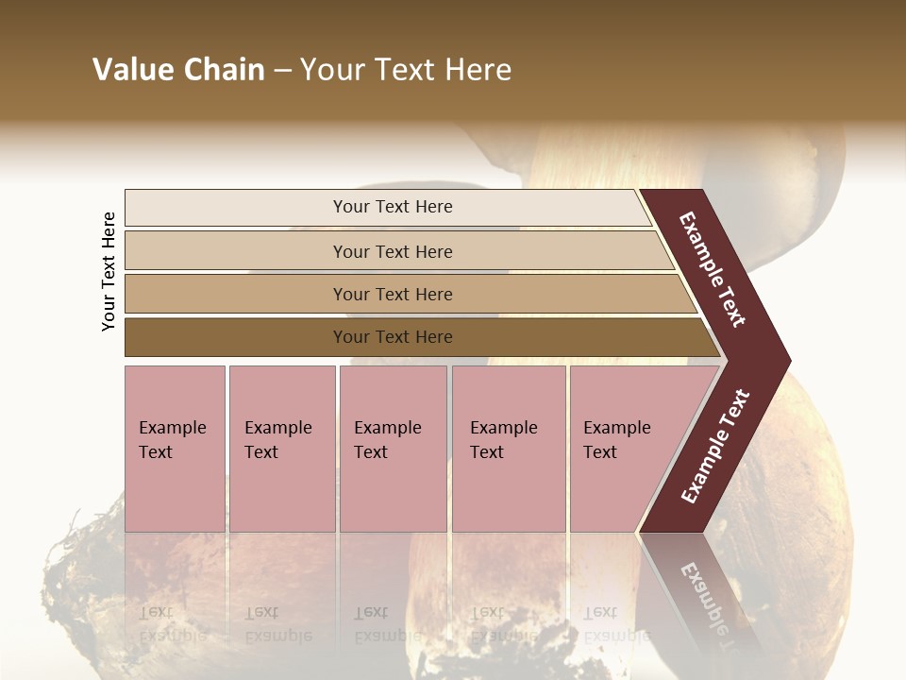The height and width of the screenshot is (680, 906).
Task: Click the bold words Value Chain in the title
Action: pyautogui.click(x=178, y=70)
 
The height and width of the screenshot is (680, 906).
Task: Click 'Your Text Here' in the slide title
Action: pyautogui.click(x=406, y=70)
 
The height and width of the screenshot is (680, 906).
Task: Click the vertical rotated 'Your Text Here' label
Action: pyautogui.click(x=109, y=271)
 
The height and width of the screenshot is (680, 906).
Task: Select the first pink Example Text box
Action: pyautogui.click(x=175, y=449)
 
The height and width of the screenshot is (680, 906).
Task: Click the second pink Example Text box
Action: pyautogui.click(x=281, y=449)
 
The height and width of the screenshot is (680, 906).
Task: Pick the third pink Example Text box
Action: pyautogui.click(x=393, y=449)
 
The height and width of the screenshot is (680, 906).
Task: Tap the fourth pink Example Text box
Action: pyautogui.click(x=509, y=449)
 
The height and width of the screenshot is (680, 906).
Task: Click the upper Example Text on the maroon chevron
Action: pyautogui.click(x=713, y=269)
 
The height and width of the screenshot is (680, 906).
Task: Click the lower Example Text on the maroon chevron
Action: pyautogui.click(x=715, y=446)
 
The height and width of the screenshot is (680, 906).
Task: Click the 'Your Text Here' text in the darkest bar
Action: pyautogui.click(x=393, y=337)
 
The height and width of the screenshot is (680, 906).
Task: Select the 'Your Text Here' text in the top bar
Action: pyautogui.click(x=393, y=207)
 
